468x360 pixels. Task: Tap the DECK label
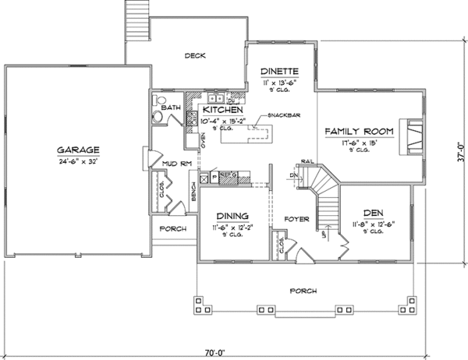coord(194,55)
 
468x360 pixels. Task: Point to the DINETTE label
coord(279,70)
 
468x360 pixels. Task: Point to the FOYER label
coord(296,218)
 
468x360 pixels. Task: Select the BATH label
coord(172,107)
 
